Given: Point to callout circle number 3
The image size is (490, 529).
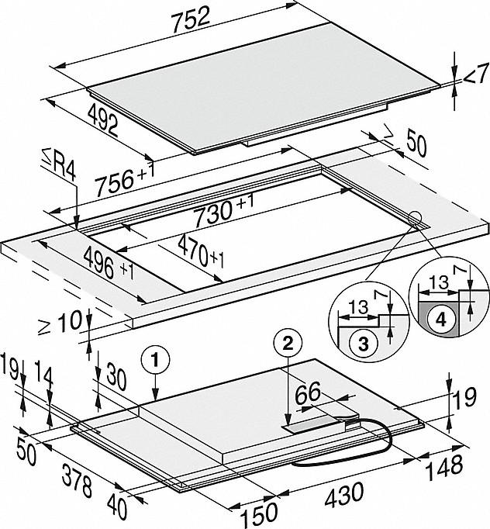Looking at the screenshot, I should click(361, 341).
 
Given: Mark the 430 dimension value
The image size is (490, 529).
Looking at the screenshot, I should click(349, 492).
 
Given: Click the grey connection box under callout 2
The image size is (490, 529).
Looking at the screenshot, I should click(307, 426).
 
